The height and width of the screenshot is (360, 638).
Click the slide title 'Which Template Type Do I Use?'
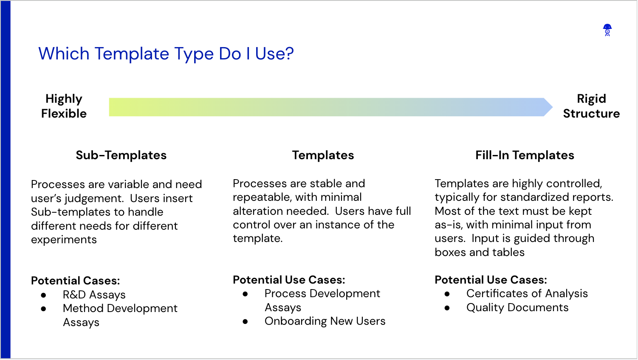(166, 53)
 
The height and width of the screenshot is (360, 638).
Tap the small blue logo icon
(607, 30)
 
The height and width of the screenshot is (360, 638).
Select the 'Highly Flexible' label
(64, 106)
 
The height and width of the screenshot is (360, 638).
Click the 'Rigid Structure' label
(591, 106)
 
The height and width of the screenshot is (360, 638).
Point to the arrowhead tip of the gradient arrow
(553, 107)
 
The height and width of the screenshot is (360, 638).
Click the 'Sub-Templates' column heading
(121, 155)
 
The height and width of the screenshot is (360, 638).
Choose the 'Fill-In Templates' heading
(525, 155)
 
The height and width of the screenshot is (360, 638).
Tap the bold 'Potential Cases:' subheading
(76, 281)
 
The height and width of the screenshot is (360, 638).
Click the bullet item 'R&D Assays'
(94, 295)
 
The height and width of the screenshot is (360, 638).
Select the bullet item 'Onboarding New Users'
(325, 321)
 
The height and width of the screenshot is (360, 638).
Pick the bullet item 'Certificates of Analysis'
(527, 294)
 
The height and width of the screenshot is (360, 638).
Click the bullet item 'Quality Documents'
(517, 308)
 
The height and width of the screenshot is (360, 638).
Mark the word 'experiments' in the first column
(64, 240)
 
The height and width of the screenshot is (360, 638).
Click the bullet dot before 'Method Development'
(43, 309)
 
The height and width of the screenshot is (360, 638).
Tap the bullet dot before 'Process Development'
(245, 294)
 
